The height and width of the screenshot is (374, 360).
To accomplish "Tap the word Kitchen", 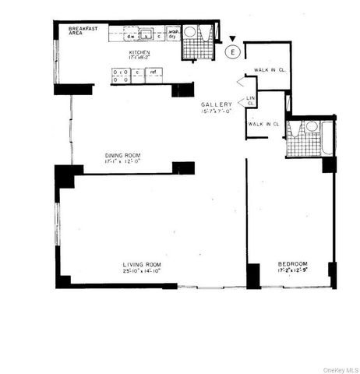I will point(143,52).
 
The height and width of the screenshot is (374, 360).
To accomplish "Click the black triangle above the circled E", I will point(231,38).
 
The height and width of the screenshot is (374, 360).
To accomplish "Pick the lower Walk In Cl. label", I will point(263,124).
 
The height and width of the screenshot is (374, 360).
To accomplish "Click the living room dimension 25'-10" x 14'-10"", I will point(141,272).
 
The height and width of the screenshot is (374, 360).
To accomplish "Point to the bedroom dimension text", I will point(292,271).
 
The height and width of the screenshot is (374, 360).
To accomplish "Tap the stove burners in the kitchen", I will point(120,76).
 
